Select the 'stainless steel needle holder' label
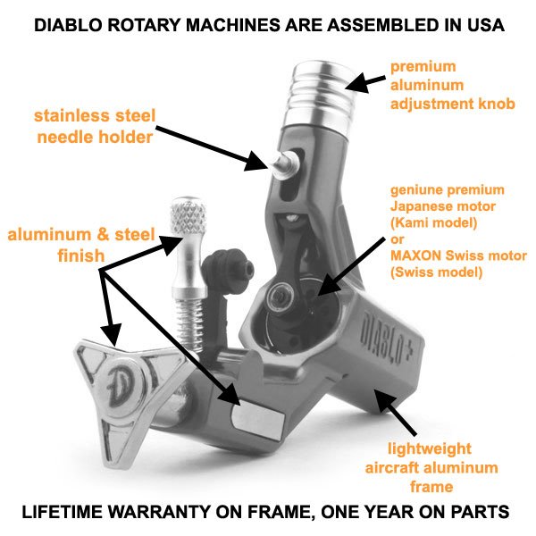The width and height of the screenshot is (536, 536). (95, 126)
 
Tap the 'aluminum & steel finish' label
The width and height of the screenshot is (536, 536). (81, 245)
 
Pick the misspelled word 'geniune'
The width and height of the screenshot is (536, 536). (414, 190)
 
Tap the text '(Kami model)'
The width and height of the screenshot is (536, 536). (434, 222)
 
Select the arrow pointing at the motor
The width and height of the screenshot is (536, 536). (350, 266)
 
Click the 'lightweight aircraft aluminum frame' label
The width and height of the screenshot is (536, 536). (431, 467)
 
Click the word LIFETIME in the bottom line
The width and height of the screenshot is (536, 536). (63, 512)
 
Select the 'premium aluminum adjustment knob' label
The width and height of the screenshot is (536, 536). (453, 85)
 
